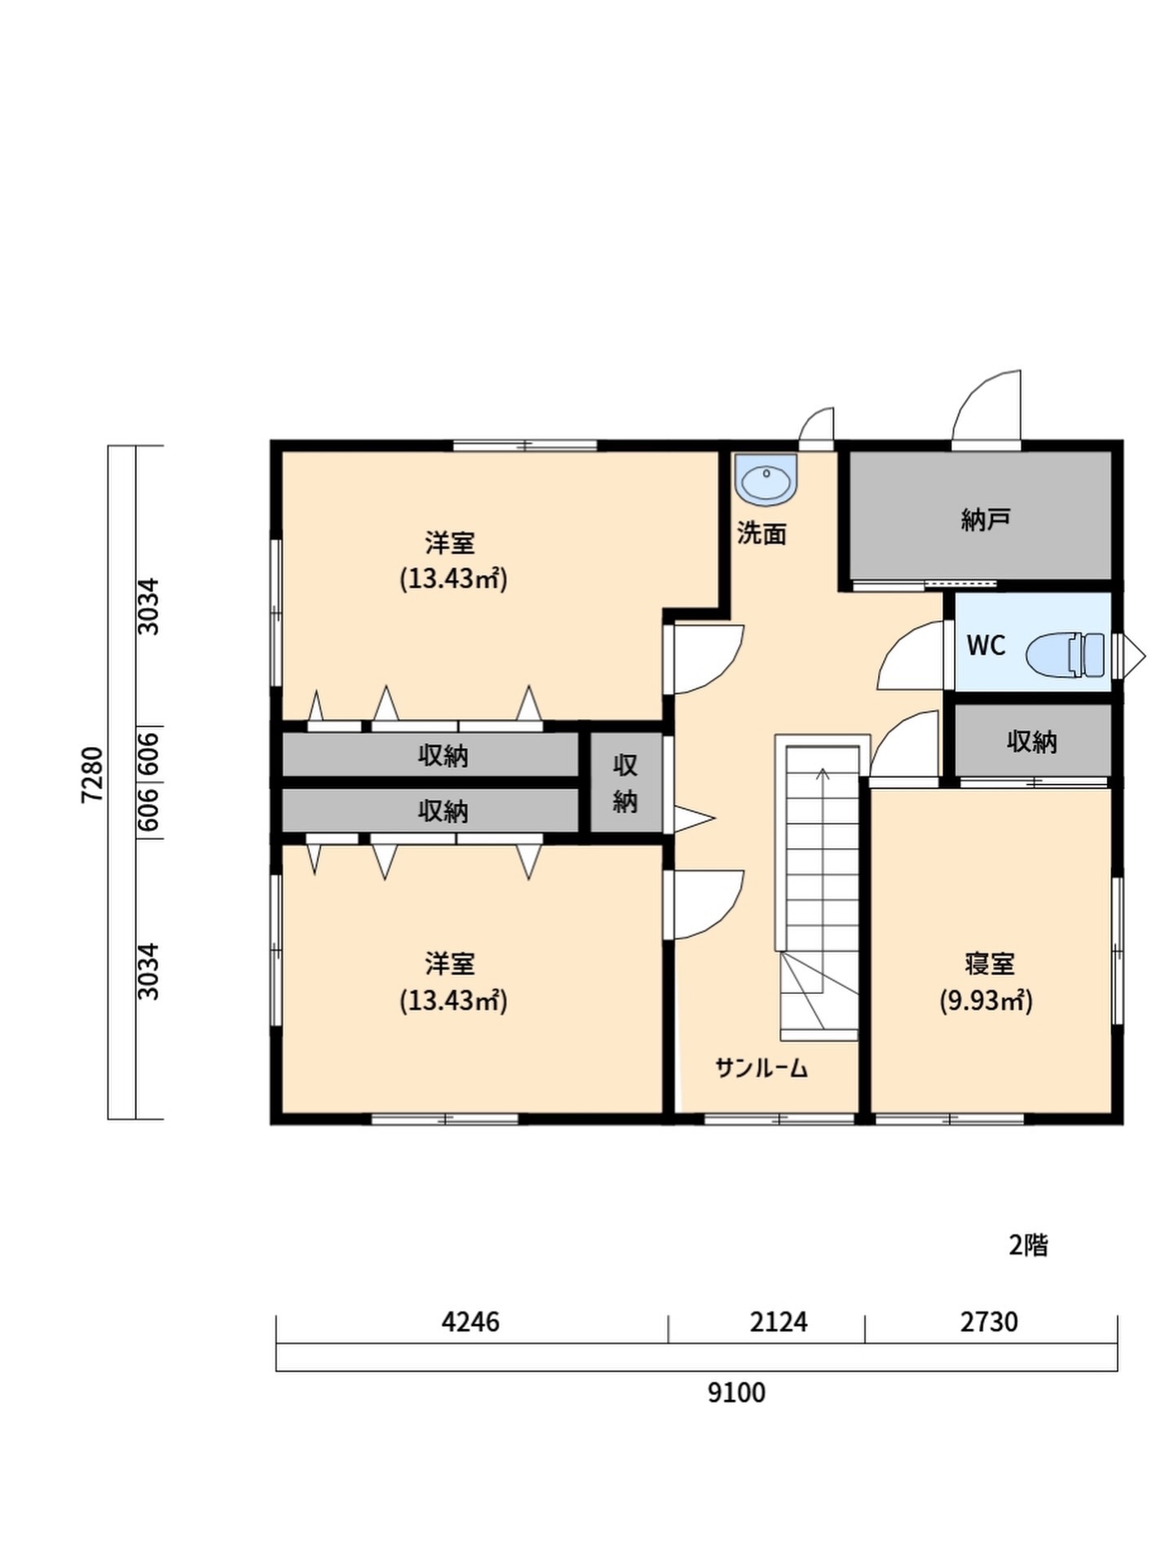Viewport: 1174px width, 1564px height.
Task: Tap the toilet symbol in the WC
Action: [1066, 655]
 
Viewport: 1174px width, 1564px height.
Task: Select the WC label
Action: [986, 646]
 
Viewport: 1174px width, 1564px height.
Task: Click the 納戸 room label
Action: [986, 519]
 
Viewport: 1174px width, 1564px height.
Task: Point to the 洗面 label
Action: [761, 534]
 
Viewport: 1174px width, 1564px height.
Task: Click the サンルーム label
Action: [761, 1068]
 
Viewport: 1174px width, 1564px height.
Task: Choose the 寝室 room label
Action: [989, 964]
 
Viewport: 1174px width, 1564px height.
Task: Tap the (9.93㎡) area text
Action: [986, 1001]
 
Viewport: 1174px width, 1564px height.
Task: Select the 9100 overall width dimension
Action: [736, 1393]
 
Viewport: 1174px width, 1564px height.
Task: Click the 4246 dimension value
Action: [470, 1321]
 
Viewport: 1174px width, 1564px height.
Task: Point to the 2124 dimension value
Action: [779, 1321]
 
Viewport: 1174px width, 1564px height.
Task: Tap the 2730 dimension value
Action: [989, 1321]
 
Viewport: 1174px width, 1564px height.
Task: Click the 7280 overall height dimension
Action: [92, 775]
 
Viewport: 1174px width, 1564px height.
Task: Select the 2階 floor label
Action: [1028, 1245]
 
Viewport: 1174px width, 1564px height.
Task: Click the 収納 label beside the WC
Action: [1032, 741]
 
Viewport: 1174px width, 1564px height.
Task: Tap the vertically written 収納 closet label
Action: [625, 784]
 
